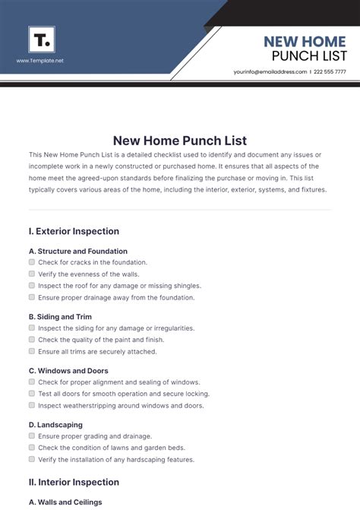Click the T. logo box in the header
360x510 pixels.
pos(41,39)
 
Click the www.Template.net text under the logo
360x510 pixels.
pos(40,60)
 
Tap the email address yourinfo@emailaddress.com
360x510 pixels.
pos(270,71)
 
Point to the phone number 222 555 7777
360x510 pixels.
pos(330,71)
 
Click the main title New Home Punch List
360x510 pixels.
pos(179,140)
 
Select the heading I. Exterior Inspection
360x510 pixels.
pos(74,231)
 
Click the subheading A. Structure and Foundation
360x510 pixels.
pos(77,251)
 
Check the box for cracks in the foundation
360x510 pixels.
pos(32,262)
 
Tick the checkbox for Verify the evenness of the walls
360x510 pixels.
pos(32,274)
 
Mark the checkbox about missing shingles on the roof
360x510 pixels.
pos(32,286)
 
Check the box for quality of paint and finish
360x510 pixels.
pos(32,340)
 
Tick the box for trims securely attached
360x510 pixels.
pos(32,351)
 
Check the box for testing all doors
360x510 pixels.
pos(32,394)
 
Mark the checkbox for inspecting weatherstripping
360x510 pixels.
pos(32,405)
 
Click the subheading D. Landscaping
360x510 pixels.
pos(55,425)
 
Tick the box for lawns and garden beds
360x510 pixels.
pos(32,448)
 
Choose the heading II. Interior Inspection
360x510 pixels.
pos(74,482)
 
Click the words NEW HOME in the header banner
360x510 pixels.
pos(304,42)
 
